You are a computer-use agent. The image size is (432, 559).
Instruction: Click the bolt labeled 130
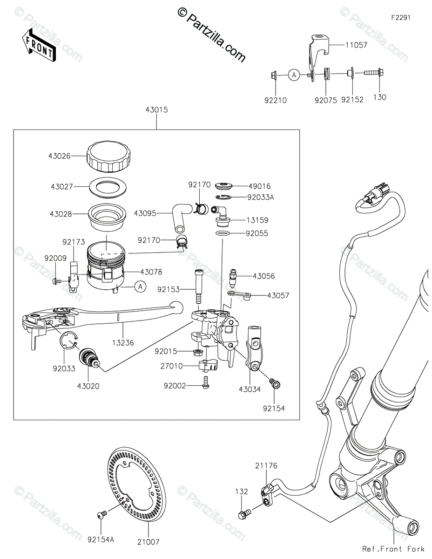point(371,74)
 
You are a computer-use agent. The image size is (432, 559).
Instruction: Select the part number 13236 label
point(122,342)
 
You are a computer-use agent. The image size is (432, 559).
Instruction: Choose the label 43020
point(89,386)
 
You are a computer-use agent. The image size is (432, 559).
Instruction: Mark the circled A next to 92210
point(293,74)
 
